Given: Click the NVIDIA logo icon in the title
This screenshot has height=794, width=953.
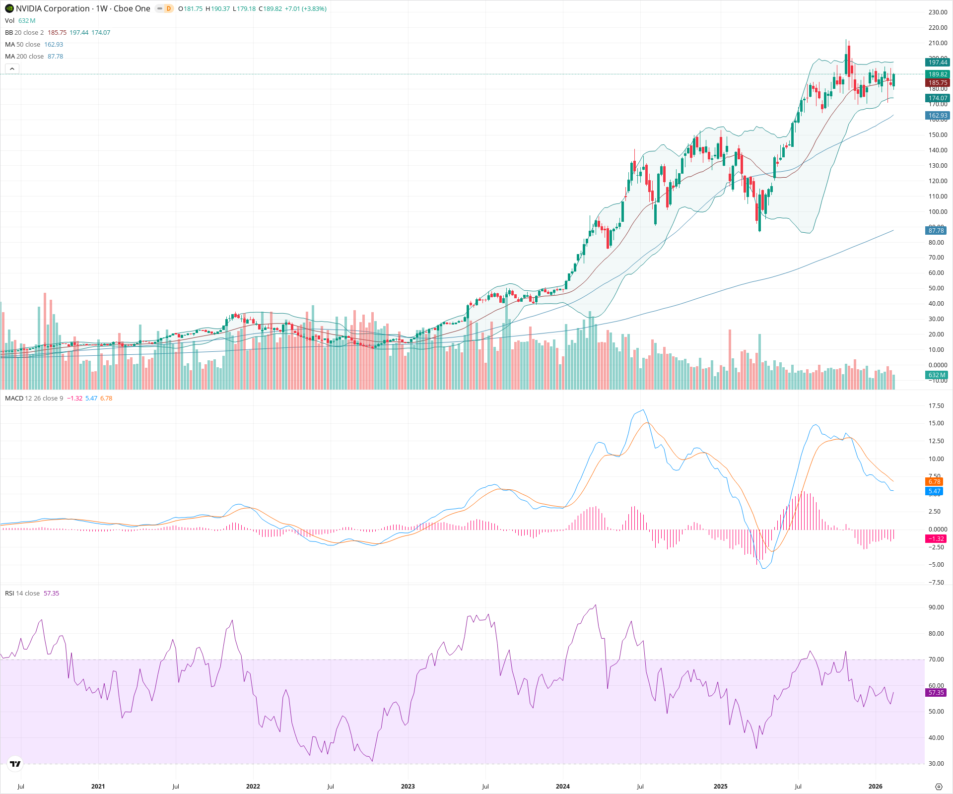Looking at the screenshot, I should [9, 8].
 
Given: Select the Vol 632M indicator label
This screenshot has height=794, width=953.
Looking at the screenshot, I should [20, 21].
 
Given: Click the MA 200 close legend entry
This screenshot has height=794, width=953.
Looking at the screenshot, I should [34, 57].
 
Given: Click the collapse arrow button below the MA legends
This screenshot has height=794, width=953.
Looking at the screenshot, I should [12, 68].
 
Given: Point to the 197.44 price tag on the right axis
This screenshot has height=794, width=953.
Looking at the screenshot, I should [937, 63].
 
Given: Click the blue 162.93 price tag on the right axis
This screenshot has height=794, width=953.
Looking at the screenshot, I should [937, 116].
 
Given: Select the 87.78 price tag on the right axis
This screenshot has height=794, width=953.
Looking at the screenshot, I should [936, 231].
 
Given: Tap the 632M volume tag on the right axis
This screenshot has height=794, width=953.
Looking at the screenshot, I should [936, 375].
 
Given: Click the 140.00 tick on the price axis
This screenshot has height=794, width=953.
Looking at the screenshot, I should [938, 150].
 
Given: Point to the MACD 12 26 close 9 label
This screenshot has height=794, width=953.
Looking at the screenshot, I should [34, 398].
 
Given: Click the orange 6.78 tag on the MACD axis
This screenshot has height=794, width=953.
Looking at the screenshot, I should [934, 482].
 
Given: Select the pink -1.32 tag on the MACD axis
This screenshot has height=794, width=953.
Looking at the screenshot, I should [936, 539].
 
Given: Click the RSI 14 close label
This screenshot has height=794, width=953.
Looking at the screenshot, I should [22, 594].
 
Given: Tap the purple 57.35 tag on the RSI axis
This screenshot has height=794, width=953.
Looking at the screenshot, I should [936, 693].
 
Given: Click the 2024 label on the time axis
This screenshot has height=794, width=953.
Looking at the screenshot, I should [562, 787].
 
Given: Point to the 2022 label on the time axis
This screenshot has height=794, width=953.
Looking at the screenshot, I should [253, 787].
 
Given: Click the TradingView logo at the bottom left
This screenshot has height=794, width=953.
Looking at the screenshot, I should [15, 764].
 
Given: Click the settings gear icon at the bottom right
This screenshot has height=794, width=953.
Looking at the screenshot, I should [938, 787].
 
